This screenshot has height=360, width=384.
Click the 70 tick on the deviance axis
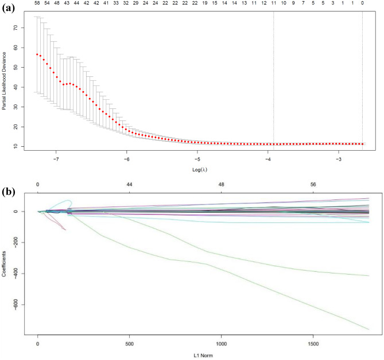23,28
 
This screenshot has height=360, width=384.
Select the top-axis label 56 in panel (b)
313,185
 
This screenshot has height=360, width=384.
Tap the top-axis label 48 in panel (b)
222,185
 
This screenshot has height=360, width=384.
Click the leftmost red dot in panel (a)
37,54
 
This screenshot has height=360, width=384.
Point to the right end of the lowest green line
369,329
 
